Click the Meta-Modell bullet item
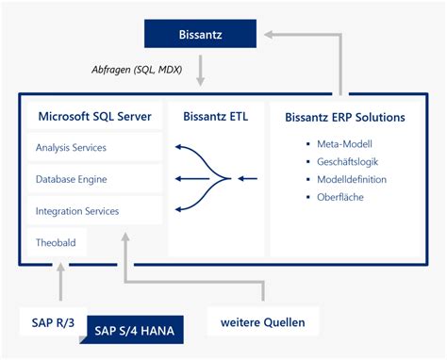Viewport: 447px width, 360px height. click(x=342, y=143)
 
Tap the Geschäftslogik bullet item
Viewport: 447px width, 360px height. click(x=347, y=161)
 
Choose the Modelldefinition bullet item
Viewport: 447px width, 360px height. click(x=352, y=179)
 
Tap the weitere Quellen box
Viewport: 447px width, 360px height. click(x=263, y=322)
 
